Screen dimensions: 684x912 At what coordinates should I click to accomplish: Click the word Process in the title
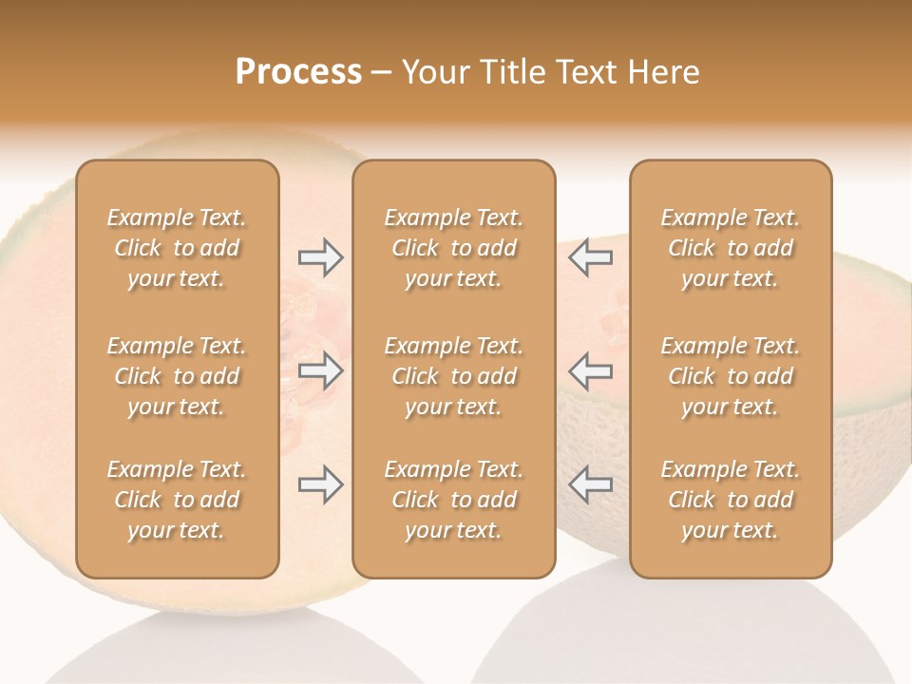(298, 72)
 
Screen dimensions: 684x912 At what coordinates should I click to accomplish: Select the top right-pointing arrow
(321, 256)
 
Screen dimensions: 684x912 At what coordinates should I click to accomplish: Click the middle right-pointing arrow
(321, 370)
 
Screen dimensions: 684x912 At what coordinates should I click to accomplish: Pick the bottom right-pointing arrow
(321, 484)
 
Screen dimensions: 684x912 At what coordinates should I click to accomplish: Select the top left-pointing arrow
(590, 256)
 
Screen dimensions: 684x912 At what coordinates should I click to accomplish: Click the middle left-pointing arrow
(590, 370)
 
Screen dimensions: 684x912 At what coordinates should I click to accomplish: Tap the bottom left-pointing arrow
(590, 484)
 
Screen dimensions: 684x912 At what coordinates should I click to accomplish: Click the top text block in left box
(177, 248)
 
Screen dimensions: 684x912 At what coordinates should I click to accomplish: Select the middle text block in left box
(177, 376)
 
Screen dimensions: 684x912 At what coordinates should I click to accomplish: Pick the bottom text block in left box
(177, 500)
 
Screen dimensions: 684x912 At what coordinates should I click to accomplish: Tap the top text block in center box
(453, 248)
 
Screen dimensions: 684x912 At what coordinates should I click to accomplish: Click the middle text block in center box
(453, 376)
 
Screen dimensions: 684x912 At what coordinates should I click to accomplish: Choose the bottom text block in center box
(453, 500)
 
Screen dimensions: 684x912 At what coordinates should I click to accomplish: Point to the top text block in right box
(730, 248)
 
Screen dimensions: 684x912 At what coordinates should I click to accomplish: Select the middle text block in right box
(730, 376)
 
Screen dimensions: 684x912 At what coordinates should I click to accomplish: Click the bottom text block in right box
(730, 500)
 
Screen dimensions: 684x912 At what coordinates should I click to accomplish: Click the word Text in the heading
(582, 72)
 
